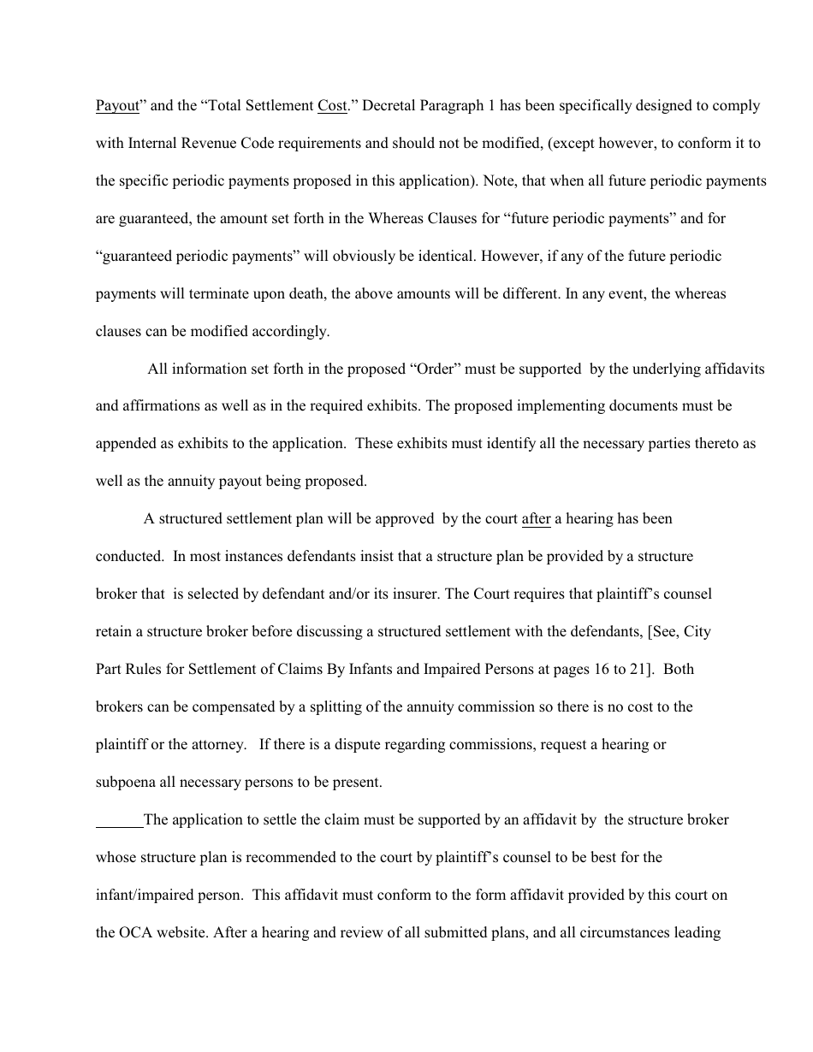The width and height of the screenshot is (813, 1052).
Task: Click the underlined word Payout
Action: pos(116,106)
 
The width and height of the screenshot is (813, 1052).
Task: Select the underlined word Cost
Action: pos(332,106)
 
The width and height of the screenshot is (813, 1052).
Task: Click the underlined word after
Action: pos(536,519)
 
